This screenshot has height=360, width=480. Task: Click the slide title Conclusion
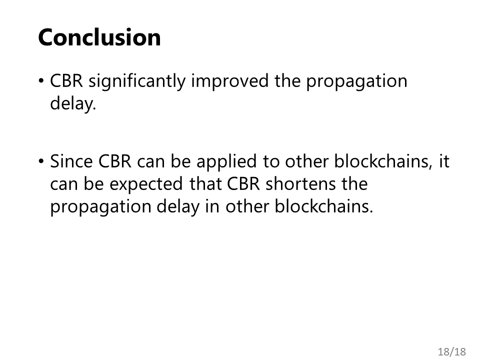(x=99, y=37)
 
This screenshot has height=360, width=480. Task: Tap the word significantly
(x=137, y=82)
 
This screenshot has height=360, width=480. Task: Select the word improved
(x=230, y=82)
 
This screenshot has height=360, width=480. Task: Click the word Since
(x=71, y=161)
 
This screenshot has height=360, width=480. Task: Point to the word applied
(x=226, y=162)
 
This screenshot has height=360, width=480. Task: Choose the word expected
(x=146, y=185)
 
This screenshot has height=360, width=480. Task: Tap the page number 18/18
(x=452, y=351)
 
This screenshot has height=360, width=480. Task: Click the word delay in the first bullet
(x=73, y=104)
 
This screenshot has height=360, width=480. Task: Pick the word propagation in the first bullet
(x=356, y=82)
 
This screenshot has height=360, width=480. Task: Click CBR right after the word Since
(x=115, y=161)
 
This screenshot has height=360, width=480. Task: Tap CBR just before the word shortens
(x=243, y=183)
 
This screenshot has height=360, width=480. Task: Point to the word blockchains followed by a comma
(x=383, y=161)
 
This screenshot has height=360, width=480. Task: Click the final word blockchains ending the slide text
(x=324, y=206)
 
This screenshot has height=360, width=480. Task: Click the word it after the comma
(x=444, y=161)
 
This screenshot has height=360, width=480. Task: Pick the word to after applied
(x=271, y=162)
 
